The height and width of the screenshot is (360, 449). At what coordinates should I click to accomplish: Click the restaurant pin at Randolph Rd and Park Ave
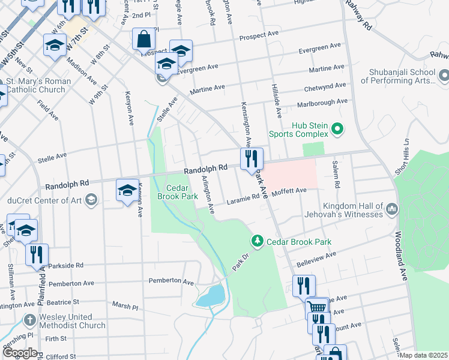point(252,159)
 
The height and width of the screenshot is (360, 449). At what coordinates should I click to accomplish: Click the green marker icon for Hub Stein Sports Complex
point(337,128)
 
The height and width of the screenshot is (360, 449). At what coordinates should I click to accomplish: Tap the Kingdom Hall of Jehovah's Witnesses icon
point(392,209)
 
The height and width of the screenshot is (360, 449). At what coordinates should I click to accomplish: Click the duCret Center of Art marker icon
point(91,200)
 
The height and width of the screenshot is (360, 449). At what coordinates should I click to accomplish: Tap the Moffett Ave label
point(289,190)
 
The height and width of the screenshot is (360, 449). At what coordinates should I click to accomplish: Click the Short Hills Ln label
point(401,158)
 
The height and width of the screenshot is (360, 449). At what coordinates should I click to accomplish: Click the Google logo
point(20,353)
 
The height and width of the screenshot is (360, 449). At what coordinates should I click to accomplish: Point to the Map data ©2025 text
point(424,355)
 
